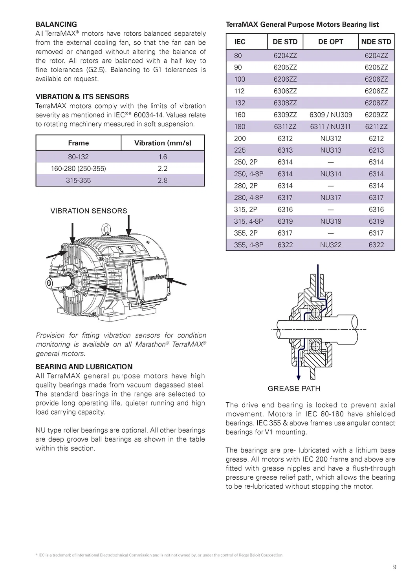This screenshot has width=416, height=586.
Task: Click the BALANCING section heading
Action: (x=56, y=24)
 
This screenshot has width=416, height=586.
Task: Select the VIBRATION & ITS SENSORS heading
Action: (x=82, y=97)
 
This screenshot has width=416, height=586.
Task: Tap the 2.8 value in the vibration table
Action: (x=163, y=181)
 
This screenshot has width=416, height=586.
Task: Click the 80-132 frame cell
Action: (x=78, y=157)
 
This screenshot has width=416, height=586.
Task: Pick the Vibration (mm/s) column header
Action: (x=163, y=143)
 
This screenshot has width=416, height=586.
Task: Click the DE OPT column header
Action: (x=330, y=42)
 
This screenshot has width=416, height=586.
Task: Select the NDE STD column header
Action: (x=376, y=42)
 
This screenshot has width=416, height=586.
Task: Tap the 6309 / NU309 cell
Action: (x=330, y=115)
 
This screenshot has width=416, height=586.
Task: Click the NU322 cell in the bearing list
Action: (x=330, y=245)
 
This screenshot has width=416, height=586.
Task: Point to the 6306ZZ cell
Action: (x=285, y=91)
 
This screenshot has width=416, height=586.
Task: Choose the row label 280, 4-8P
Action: (x=248, y=198)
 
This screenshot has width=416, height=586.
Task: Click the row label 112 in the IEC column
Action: (x=239, y=91)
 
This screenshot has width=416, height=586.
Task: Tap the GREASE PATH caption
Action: (x=294, y=389)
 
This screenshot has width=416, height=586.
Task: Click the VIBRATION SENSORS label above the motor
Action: (x=89, y=211)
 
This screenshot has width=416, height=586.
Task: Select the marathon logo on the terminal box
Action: (x=155, y=277)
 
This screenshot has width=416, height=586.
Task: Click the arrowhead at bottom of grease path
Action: (x=299, y=378)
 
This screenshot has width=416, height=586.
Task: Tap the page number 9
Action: (x=394, y=567)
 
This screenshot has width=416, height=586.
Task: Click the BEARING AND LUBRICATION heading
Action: (x=84, y=367)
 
